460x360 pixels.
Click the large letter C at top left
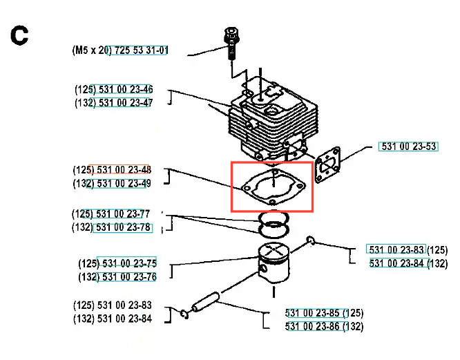click(19, 36)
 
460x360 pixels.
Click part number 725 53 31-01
click(138, 50)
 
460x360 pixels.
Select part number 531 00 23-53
click(409, 146)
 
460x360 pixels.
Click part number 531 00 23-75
click(128, 264)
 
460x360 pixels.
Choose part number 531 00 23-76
click(128, 277)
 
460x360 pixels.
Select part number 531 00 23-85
click(314, 313)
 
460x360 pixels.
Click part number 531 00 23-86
click(314, 326)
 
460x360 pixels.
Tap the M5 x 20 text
click(90, 50)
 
